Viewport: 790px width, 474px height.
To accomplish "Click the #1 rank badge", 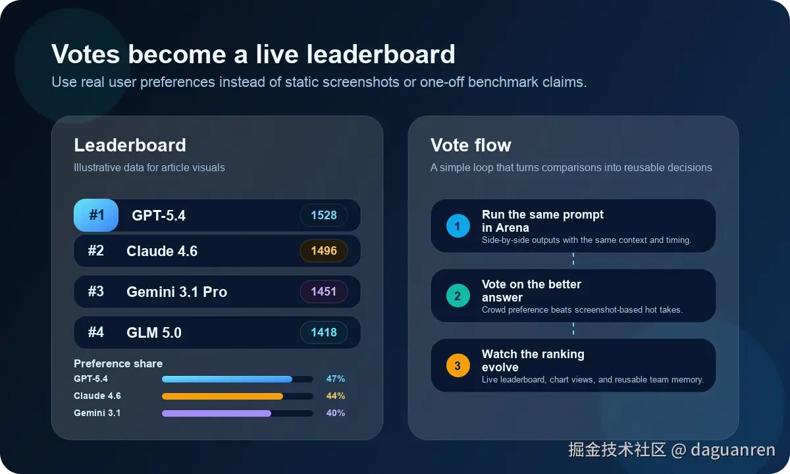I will [x=96, y=215].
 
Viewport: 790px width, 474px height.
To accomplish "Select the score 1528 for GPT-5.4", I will [x=324, y=215].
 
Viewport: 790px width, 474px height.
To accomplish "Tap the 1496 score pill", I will [x=324, y=251].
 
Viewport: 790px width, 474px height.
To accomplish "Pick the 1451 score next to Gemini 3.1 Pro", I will [x=324, y=292].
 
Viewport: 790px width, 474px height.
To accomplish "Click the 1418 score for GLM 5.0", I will [x=324, y=332].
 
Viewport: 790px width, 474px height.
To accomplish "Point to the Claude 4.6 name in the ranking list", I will [x=162, y=251].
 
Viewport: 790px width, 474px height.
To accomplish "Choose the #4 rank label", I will [x=96, y=332].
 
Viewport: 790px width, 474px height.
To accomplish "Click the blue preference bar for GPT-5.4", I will [x=227, y=379].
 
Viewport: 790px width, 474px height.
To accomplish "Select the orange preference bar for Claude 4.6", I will [x=223, y=396].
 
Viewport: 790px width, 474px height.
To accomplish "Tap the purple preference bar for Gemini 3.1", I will [x=217, y=413].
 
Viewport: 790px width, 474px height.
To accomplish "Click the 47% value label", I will [x=336, y=379].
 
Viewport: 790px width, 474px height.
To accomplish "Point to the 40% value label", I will [x=336, y=413].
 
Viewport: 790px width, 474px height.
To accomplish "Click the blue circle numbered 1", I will [x=458, y=226].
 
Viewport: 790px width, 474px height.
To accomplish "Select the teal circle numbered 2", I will [x=458, y=296].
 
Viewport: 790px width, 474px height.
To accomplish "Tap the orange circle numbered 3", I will [x=458, y=366].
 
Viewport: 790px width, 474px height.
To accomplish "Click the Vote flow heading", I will [x=471, y=145].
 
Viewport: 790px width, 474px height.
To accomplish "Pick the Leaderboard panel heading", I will [x=130, y=145].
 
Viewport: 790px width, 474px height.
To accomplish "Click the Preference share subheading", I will [x=118, y=364].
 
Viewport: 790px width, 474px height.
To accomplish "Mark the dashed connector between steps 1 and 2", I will [x=573, y=259].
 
